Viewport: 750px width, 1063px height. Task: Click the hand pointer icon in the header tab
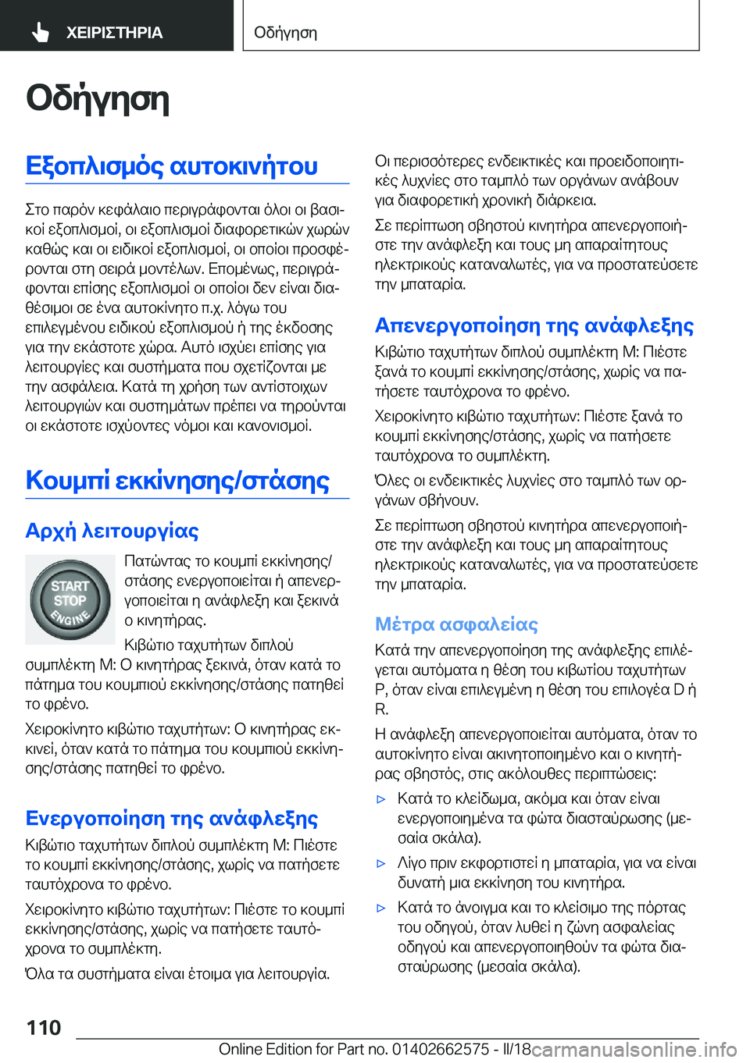click(x=40, y=32)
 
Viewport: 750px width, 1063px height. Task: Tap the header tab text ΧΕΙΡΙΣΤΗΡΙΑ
click(x=114, y=33)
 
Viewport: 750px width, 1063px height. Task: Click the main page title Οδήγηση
click(x=98, y=99)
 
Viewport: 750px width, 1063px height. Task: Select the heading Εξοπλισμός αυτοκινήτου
click(x=172, y=166)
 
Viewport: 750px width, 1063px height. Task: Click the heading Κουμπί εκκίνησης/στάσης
click(x=177, y=480)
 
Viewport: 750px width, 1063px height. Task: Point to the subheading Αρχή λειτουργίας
click(x=112, y=531)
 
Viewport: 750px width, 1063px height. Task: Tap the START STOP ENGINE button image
click(x=70, y=599)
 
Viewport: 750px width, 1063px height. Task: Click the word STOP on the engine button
click(x=70, y=601)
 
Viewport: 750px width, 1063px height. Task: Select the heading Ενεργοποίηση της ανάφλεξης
click(x=172, y=818)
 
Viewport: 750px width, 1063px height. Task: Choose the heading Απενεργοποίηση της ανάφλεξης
click(x=534, y=325)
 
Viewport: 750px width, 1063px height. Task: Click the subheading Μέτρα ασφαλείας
click(x=456, y=624)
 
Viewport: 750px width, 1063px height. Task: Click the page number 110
click(x=44, y=1027)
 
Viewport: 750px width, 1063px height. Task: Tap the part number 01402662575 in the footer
click(x=441, y=1049)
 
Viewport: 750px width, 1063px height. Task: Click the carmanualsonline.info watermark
click(x=634, y=1049)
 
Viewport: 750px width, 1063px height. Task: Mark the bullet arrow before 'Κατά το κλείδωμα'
click(x=381, y=799)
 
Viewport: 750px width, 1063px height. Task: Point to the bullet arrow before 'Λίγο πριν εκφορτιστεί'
click(x=381, y=864)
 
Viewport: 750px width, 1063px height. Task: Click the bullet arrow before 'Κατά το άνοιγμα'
click(x=381, y=908)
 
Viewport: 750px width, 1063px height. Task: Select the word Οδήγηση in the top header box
click(x=286, y=33)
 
